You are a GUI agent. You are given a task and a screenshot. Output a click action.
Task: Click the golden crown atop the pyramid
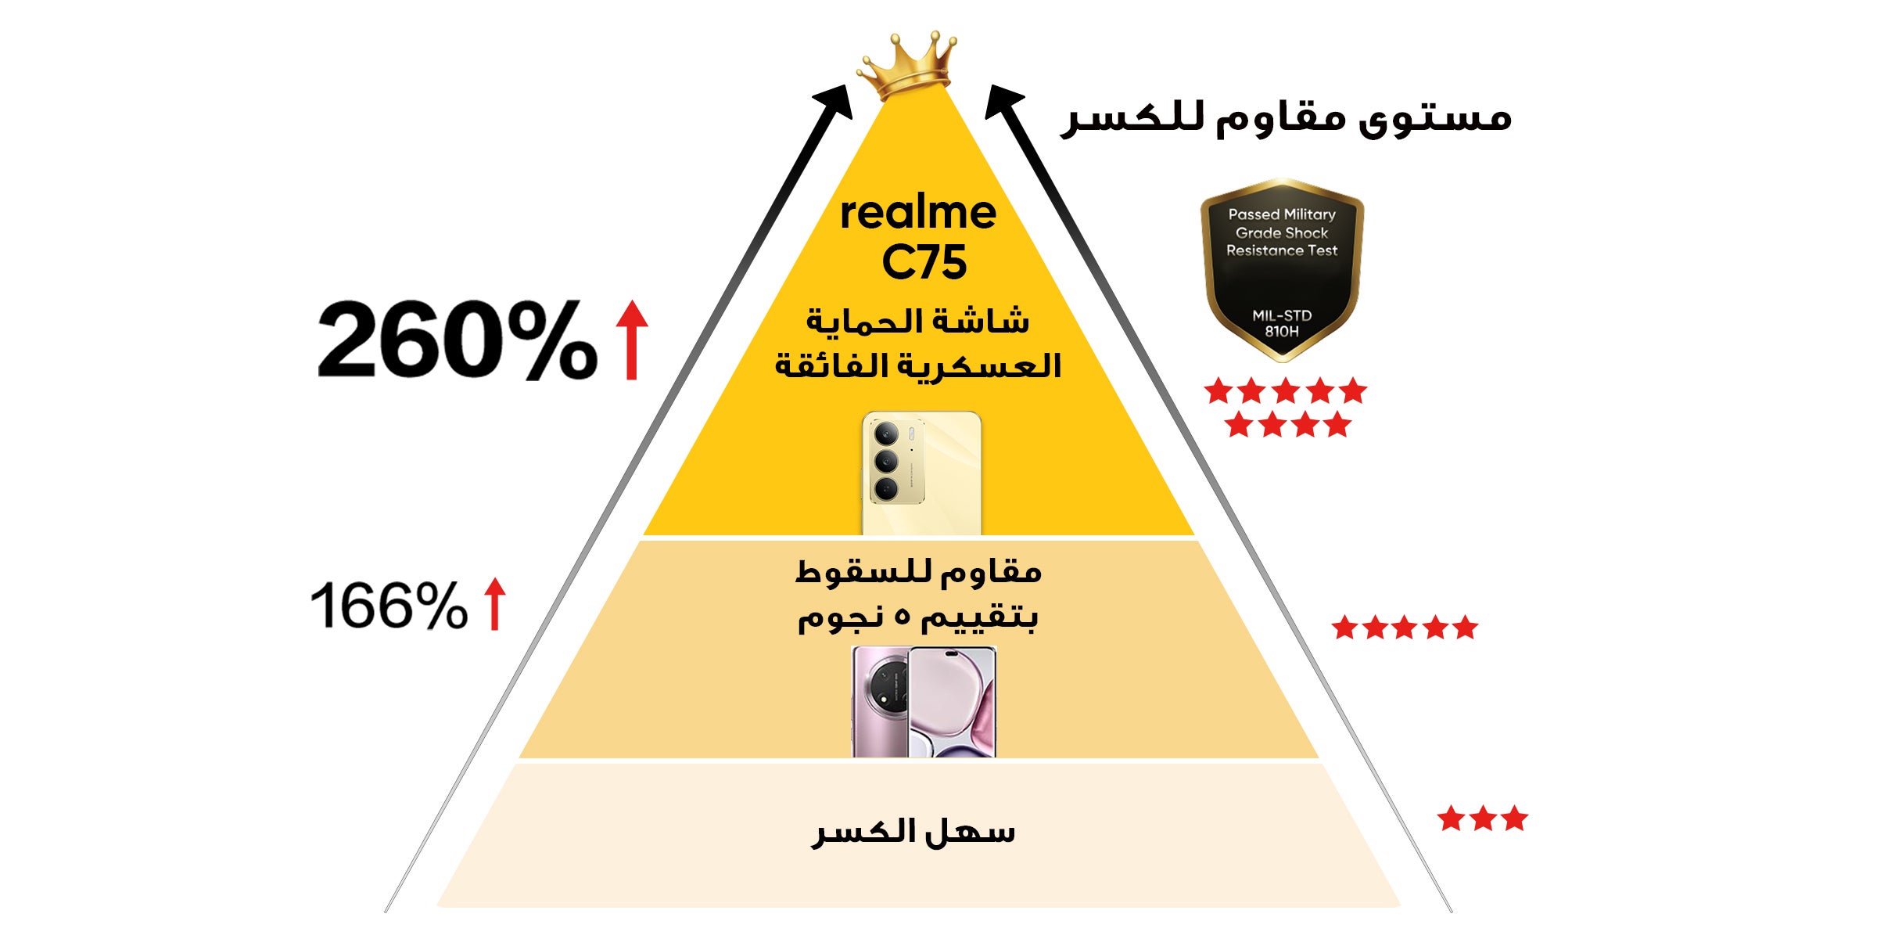pos(907,66)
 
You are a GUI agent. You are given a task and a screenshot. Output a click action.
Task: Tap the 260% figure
pos(458,340)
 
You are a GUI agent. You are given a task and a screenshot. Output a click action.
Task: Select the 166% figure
pos(389,605)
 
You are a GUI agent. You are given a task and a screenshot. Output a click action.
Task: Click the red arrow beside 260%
pos(632,340)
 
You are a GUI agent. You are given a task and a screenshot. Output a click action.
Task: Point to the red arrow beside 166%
pos(494,603)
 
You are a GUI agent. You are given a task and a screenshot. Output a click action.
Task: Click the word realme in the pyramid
pos(918,212)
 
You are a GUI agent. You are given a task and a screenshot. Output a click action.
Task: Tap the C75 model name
pos(924,262)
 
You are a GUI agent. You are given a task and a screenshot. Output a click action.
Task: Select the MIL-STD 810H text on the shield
pos(1282,323)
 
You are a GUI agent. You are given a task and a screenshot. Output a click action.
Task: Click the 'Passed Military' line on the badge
pos(1282,214)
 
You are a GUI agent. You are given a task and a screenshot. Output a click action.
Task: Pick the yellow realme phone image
pos(922,473)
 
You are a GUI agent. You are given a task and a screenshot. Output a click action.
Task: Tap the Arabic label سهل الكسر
pos(913,832)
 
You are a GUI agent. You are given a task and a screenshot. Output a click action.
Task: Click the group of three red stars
pos(1482,818)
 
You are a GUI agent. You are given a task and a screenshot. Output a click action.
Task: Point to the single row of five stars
pos(1405,627)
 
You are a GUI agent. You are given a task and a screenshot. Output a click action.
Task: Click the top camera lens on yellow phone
pos(886,433)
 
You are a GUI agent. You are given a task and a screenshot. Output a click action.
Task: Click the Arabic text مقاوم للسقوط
pos(918,572)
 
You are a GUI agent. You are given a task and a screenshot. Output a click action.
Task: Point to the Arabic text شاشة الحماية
pos(918,322)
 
